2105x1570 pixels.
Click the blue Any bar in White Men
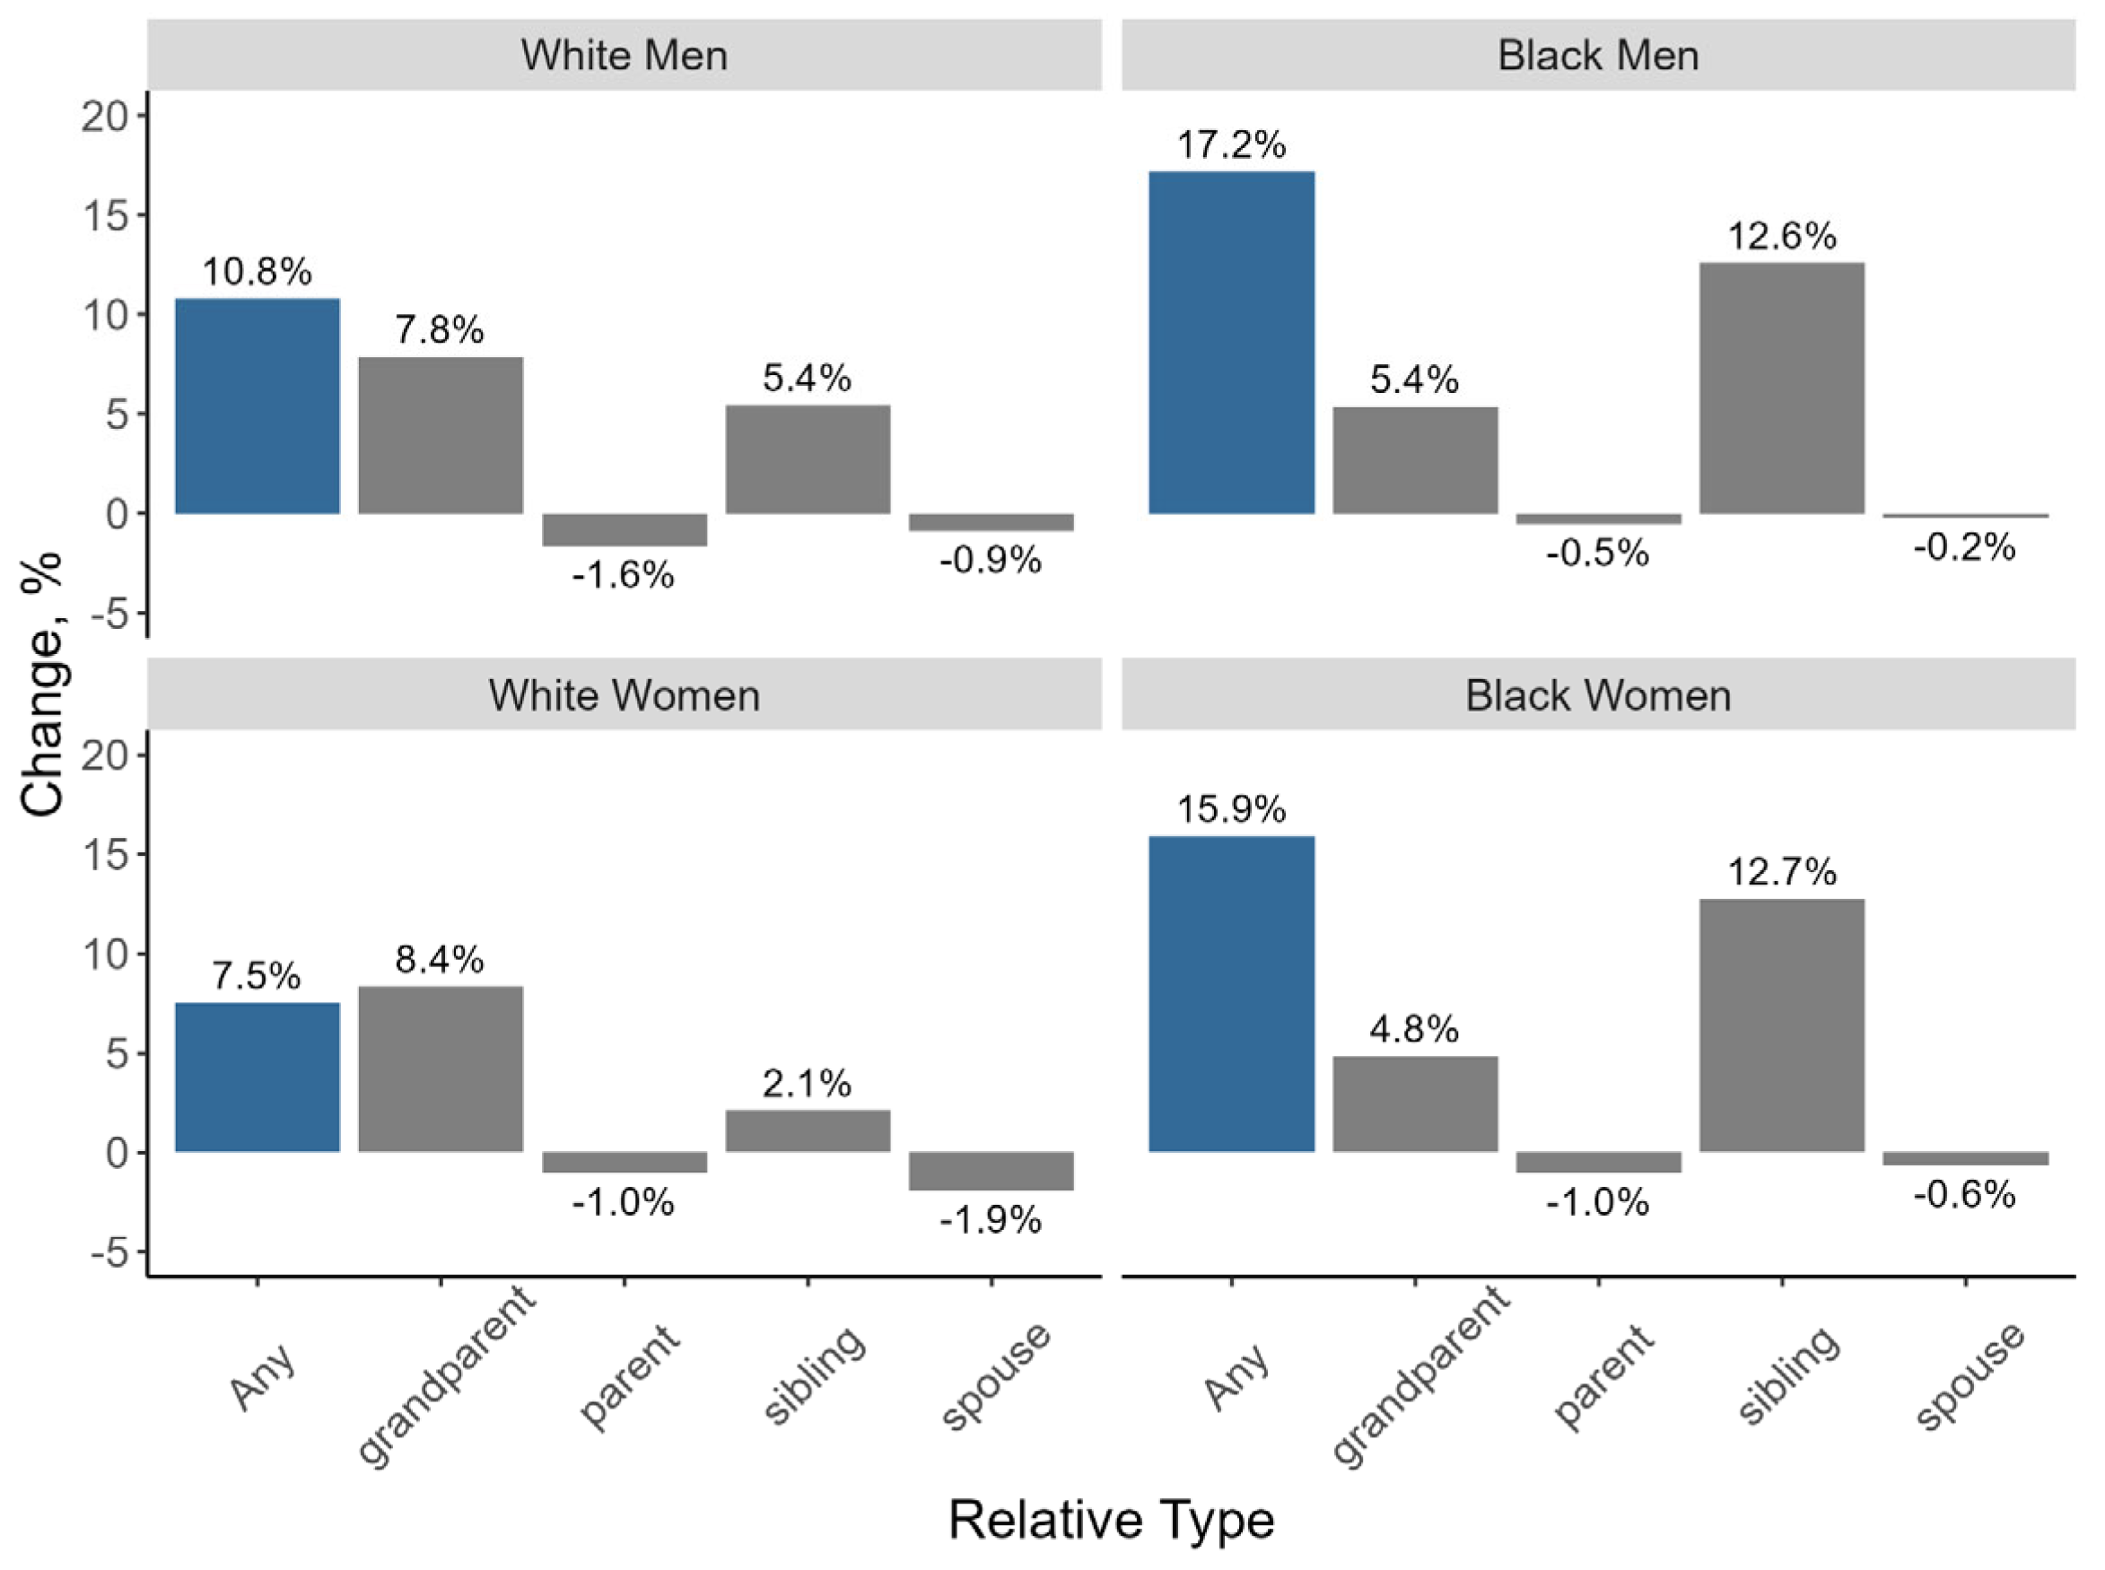tap(258, 406)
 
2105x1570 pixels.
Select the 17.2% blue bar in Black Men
tap(1231, 342)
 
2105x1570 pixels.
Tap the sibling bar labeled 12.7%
tap(1781, 1025)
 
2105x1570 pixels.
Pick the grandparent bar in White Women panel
tap(440, 1068)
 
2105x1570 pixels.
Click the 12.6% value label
tap(1781, 236)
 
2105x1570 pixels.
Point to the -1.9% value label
tap(991, 1219)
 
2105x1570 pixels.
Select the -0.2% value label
tap(1963, 546)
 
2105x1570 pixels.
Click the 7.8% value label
tap(439, 330)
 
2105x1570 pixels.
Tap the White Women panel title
tap(624, 695)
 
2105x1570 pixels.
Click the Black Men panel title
tap(1597, 55)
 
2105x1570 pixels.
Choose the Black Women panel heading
tap(1597, 695)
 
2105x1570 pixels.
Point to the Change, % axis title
tap(42, 685)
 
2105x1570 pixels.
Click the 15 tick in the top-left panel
tap(105, 215)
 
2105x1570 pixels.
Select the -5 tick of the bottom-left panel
tap(109, 1253)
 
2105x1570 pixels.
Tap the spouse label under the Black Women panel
tap(1967, 1375)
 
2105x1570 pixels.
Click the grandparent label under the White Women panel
tap(447, 1375)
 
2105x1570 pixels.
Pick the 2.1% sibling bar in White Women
tap(807, 1130)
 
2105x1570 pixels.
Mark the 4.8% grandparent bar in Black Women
tap(1414, 1103)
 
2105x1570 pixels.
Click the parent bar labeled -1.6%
tap(624, 529)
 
